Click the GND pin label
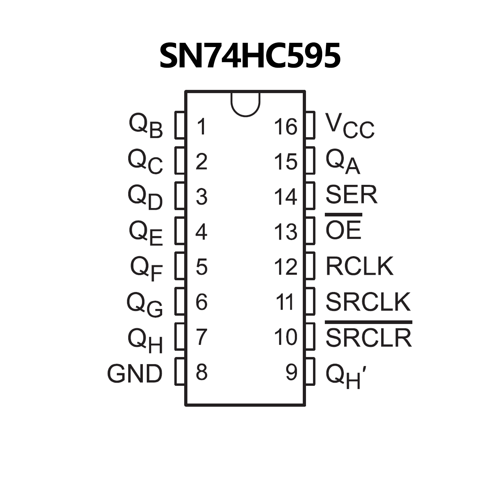pos(135,373)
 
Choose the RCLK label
pos(359,266)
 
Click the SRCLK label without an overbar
pos(368,302)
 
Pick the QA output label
pos(343,162)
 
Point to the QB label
pos(146,126)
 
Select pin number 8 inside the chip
pos(201,372)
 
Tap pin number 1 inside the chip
pos(201,126)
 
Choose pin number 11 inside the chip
pos(285,302)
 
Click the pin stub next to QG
pos(180,301)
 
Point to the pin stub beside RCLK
pos(310,266)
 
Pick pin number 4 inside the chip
pos(201,231)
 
